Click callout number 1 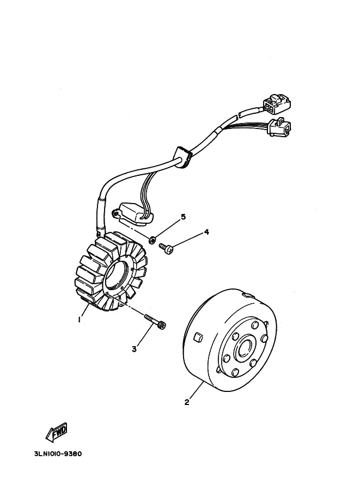[x=79, y=320]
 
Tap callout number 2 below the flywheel [x=187, y=402]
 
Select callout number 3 [x=135, y=349]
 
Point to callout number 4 [x=206, y=232]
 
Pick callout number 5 [x=183, y=217]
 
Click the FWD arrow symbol [x=56, y=432]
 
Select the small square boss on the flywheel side [x=199, y=336]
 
